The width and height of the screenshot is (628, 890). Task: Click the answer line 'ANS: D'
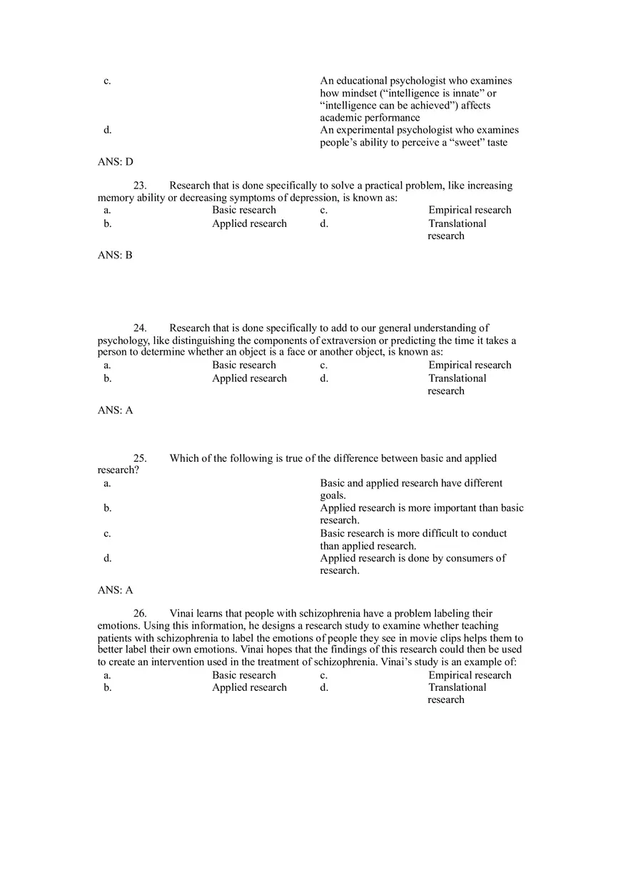[115, 162]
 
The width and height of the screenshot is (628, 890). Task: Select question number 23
[140, 186]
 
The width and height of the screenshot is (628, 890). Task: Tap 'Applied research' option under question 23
[249, 223]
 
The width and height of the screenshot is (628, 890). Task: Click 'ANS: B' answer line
[115, 256]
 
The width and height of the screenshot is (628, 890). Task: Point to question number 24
[140, 328]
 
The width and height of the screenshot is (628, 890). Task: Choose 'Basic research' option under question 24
[243, 365]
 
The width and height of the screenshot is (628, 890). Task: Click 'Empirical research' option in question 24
[470, 365]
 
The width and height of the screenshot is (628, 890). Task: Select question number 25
[140, 458]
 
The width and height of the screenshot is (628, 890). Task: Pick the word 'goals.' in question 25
[333, 495]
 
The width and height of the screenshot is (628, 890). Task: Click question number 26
[140, 614]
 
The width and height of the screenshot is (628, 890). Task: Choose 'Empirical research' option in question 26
[470, 675]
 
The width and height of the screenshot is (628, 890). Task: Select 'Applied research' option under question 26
[249, 687]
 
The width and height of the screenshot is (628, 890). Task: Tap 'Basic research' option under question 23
[243, 210]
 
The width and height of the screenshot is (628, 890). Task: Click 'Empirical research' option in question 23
[470, 210]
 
